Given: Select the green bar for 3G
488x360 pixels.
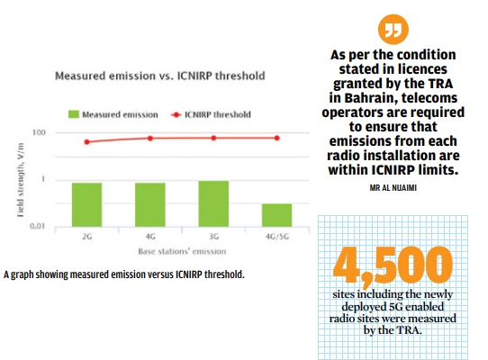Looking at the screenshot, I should (213, 202).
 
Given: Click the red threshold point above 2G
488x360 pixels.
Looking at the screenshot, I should (86, 142).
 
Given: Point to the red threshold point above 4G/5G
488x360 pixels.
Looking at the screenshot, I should (276, 138).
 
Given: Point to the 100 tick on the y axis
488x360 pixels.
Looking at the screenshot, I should (39, 133).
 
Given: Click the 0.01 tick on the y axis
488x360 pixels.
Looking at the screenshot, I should (37, 226).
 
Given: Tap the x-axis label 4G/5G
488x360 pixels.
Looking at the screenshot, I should (276, 236).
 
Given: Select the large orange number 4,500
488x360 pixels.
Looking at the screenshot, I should (392, 263).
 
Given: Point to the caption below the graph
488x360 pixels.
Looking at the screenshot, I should (123, 273).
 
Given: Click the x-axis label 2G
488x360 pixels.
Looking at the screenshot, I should (86, 236).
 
